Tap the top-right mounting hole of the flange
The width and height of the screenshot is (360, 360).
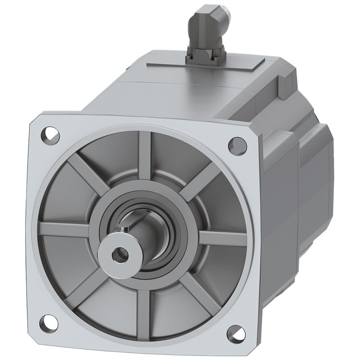click(x=237, y=144)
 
